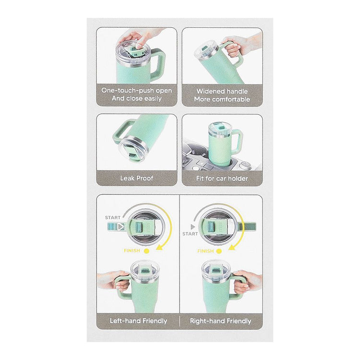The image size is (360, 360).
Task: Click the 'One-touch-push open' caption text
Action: (137, 90)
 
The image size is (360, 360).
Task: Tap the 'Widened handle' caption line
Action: (222, 91)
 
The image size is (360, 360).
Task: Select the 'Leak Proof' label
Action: (137, 178)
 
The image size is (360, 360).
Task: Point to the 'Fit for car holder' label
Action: (222, 179)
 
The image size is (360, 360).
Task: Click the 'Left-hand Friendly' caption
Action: (138, 321)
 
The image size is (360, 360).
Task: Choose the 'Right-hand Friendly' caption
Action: (221, 321)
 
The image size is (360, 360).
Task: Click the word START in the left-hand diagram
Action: (112, 217)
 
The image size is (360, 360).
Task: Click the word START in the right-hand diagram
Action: (190, 234)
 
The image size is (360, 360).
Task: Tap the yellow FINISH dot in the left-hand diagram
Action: (146, 251)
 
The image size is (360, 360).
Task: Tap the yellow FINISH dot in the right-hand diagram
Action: (219, 251)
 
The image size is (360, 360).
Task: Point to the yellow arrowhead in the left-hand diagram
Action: (159, 247)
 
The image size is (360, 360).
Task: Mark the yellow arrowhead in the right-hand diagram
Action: (232, 247)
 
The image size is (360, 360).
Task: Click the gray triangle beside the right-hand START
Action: (193, 227)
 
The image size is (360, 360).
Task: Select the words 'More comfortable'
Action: (222, 99)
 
